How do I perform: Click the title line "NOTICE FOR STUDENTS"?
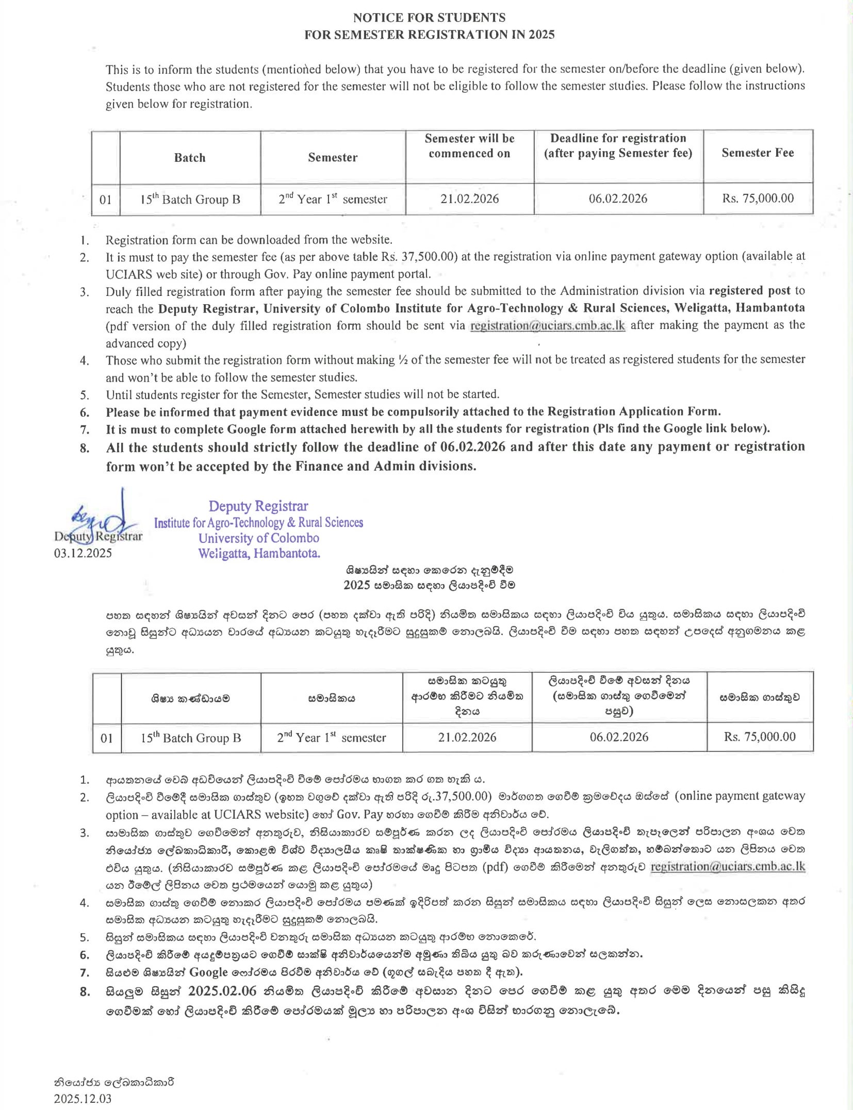pos(429,18)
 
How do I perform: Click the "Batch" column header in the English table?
pos(190,157)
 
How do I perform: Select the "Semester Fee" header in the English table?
pos(758,153)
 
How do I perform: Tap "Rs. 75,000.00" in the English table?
pos(758,198)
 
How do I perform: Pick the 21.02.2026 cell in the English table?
pos(469,199)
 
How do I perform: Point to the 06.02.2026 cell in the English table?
pos(618,198)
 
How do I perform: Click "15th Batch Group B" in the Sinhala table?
pos(190,738)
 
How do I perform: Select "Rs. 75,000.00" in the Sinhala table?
pos(759,737)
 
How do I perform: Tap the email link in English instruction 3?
pos(548,326)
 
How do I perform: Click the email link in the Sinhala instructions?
pos(728,867)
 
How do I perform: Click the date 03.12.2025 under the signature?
pos(83,553)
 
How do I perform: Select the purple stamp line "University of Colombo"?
pos(258,538)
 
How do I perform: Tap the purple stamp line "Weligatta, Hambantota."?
pos(259,554)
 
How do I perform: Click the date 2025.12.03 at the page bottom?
pos(83,1099)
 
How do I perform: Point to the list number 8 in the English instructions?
pos(85,448)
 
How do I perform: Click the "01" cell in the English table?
pos(105,200)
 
